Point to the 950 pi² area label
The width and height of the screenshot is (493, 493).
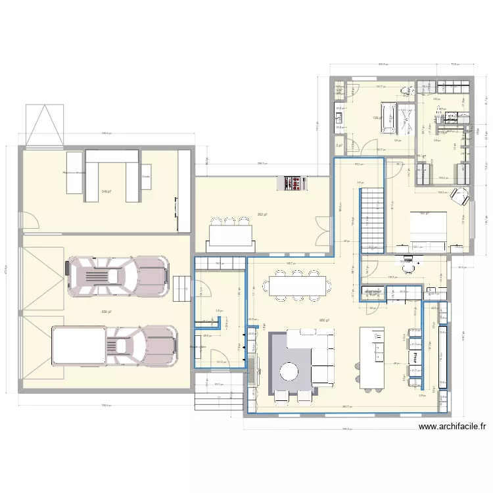(323, 321)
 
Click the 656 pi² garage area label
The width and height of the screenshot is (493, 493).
(105, 312)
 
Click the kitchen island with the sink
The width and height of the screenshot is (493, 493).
(372, 355)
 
